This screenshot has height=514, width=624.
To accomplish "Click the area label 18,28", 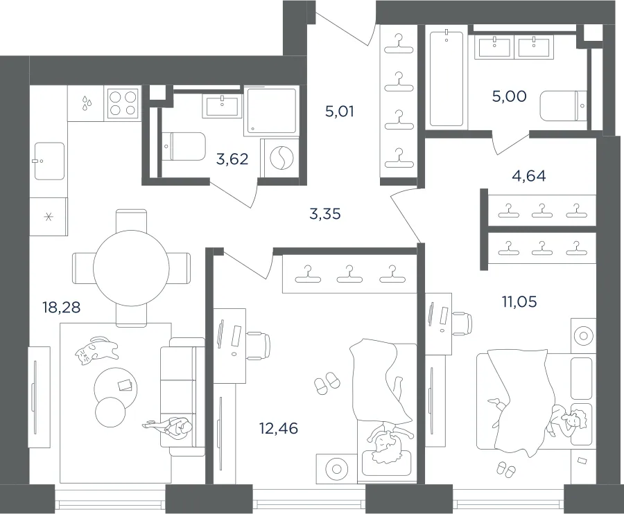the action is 61,308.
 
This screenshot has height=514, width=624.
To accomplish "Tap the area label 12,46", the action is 279,429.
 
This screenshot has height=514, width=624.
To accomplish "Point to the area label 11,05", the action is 519,302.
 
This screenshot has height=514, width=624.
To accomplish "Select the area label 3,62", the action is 232,159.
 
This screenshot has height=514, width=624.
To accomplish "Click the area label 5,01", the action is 340,112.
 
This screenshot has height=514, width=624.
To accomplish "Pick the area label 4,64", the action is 529,175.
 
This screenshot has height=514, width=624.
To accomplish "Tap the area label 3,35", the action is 324,214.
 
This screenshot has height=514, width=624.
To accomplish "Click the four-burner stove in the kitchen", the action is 123,103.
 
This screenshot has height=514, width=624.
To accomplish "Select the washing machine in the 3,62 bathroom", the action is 279,157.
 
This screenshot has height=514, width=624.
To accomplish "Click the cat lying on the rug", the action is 96,351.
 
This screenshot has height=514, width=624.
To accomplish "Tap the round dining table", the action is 131,268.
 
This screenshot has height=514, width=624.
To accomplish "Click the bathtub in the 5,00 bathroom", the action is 446,79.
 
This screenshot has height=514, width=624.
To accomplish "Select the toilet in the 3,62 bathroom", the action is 184,146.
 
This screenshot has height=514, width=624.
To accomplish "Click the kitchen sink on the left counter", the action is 49,161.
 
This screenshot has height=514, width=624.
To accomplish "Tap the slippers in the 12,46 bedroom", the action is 327,383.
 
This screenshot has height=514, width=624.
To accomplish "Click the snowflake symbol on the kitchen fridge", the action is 48,217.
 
